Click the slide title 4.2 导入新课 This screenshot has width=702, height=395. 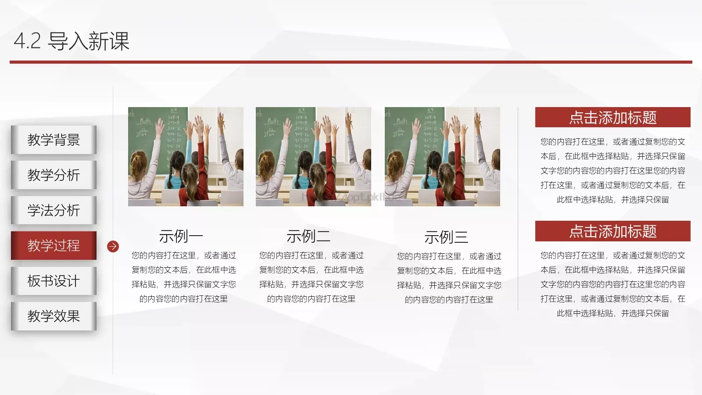tap(72, 41)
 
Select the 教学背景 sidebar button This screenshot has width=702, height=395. tap(54, 140)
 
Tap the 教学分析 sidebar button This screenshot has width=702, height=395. tap(54, 175)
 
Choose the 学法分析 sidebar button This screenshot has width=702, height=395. tap(54, 210)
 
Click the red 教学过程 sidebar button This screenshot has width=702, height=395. tap(54, 245)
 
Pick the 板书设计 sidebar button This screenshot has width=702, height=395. tap(54, 281)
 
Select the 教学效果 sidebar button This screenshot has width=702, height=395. tap(54, 316)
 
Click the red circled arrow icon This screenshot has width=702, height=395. tap(113, 246)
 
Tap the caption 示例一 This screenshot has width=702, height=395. tap(181, 236)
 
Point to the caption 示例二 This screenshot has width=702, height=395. tap(308, 236)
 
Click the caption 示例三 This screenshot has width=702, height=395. tap(446, 237)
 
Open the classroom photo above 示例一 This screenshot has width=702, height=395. tap(186, 157)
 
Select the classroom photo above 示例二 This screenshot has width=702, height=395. tap(313, 157)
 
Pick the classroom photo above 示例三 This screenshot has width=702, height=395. tap(442, 157)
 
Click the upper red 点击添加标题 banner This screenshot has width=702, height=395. tap(612, 117)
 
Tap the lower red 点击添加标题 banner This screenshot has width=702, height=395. tap(612, 231)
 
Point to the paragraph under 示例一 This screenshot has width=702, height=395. tap(184, 277)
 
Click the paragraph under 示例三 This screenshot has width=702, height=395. tap(449, 278)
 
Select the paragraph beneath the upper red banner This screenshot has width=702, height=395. tap(612, 170)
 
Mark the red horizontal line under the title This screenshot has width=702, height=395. tap(351, 62)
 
